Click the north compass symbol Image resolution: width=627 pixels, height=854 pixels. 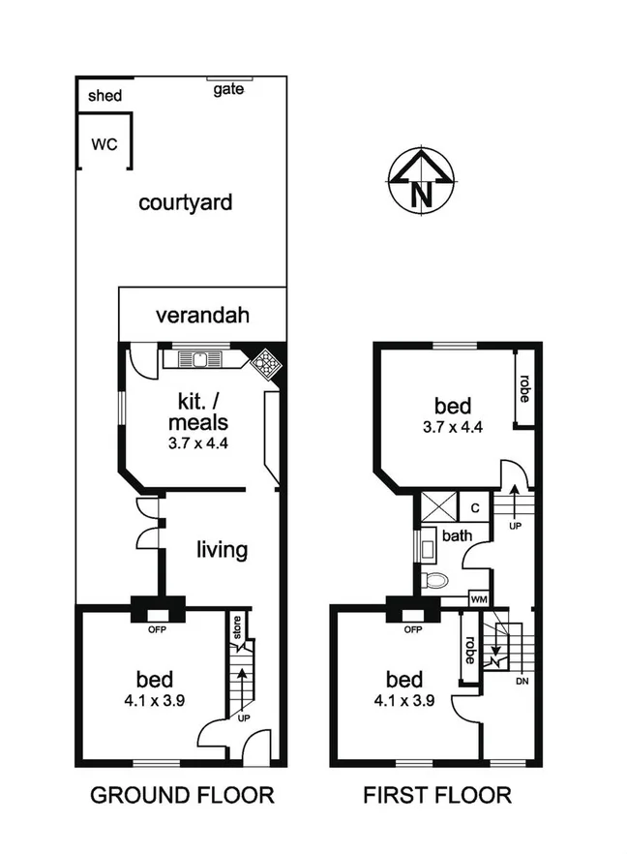(x=421, y=181)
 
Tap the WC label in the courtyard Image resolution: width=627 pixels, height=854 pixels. (x=104, y=144)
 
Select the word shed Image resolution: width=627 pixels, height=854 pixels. (x=104, y=96)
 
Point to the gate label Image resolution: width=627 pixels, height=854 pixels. (x=229, y=89)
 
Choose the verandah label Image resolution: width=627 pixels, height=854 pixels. (x=203, y=315)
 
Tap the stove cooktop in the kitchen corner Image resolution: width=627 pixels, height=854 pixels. (x=264, y=364)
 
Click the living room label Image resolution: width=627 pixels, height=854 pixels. (x=222, y=550)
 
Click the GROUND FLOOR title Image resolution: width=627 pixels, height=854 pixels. (x=182, y=796)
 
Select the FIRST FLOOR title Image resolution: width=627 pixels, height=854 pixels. (x=437, y=796)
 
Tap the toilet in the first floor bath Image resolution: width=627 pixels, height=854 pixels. (x=436, y=581)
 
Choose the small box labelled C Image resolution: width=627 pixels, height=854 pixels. (x=475, y=506)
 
